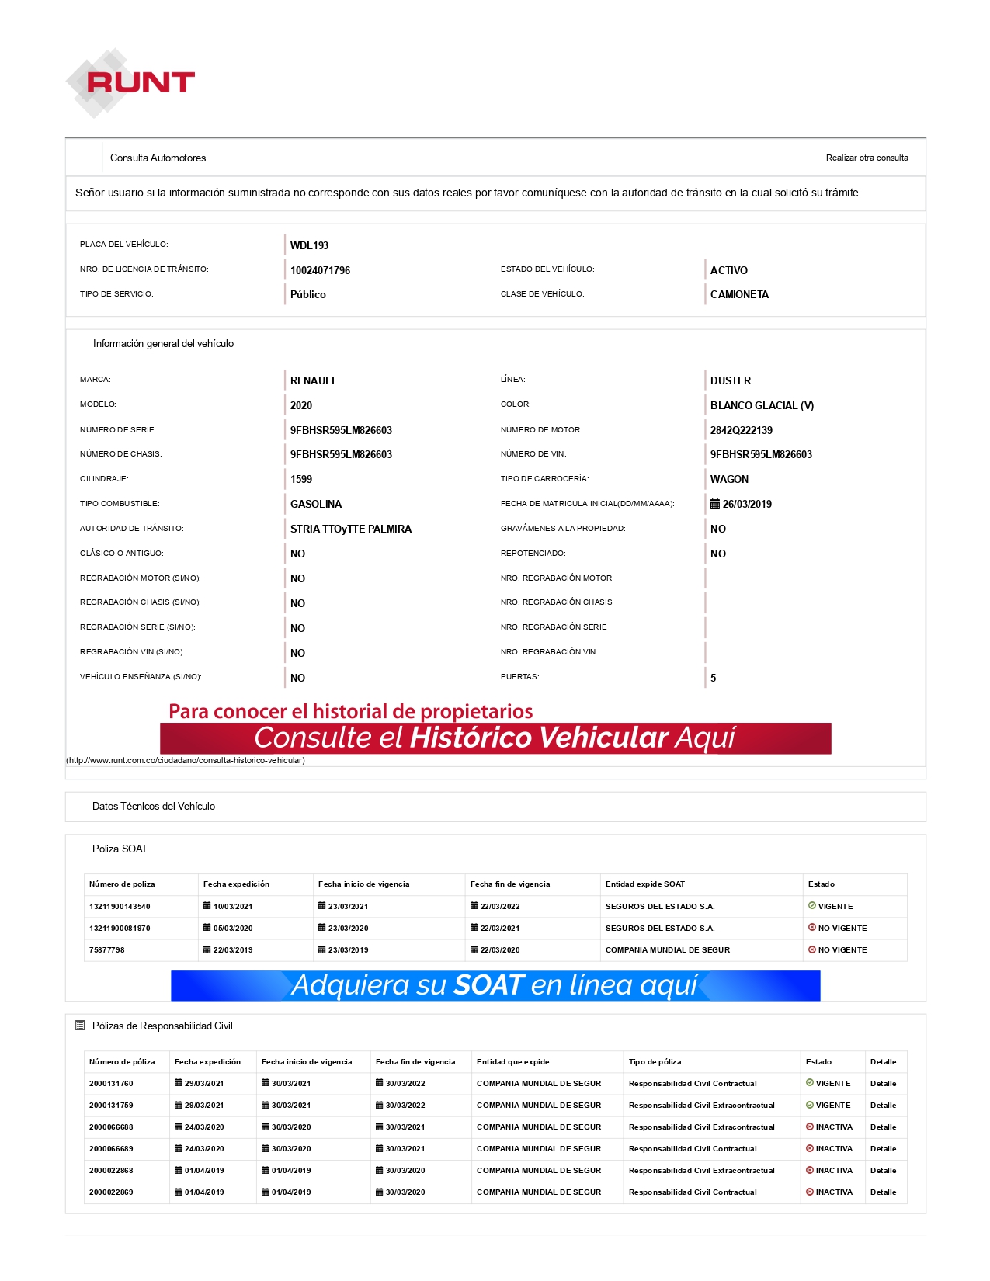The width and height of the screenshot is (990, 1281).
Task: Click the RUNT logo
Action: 130,82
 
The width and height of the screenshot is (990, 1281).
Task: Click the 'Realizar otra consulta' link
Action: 867,158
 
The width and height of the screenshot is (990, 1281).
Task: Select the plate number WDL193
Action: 309,245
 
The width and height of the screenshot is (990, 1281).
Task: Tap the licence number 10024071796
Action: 320,270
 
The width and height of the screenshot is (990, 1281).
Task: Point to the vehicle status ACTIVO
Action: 728,270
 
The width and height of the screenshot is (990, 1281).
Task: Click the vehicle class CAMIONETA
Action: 739,294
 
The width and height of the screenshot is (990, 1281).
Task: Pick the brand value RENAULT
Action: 313,380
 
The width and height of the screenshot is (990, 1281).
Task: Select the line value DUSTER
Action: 730,380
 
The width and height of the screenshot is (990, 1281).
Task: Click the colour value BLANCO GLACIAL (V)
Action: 761,405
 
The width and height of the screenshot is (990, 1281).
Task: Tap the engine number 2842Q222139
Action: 741,430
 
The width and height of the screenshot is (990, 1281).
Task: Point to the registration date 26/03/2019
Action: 746,504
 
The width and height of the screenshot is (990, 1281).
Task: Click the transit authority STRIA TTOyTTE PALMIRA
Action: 350,529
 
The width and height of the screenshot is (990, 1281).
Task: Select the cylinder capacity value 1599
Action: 300,479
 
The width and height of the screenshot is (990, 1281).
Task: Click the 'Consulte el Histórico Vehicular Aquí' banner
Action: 495,738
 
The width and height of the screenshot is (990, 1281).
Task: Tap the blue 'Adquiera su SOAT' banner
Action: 495,985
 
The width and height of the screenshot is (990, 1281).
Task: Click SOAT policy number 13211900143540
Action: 120,906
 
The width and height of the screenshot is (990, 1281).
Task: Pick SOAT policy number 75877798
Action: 106,949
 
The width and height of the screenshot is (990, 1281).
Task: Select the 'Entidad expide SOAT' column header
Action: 644,884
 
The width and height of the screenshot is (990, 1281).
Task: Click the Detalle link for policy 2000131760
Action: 883,1083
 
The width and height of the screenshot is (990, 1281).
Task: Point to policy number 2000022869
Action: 111,1192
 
